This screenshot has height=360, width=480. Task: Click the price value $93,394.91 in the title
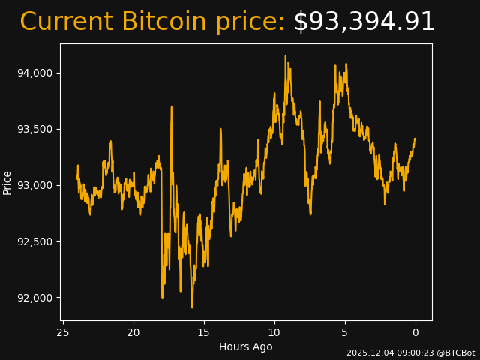click(364, 22)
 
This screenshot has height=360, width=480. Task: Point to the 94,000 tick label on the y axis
click(35, 73)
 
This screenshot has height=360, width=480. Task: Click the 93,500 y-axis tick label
click(35, 129)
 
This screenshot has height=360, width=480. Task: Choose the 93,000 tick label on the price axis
click(35, 185)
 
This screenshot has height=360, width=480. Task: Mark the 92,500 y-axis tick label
click(35, 241)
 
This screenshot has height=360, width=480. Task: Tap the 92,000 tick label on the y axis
click(35, 298)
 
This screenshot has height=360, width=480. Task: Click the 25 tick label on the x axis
click(63, 332)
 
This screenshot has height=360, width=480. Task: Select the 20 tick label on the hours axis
click(133, 332)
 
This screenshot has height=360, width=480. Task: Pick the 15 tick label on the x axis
click(204, 332)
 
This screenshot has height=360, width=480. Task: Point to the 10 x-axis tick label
click(274, 332)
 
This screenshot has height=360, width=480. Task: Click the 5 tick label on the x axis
click(345, 332)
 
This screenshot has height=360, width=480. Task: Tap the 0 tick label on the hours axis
click(415, 332)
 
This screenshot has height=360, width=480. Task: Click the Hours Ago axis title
click(245, 346)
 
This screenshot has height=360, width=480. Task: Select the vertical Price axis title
click(7, 182)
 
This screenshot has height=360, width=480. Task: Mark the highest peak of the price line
click(286, 56)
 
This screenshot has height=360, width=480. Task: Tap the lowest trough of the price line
click(192, 307)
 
